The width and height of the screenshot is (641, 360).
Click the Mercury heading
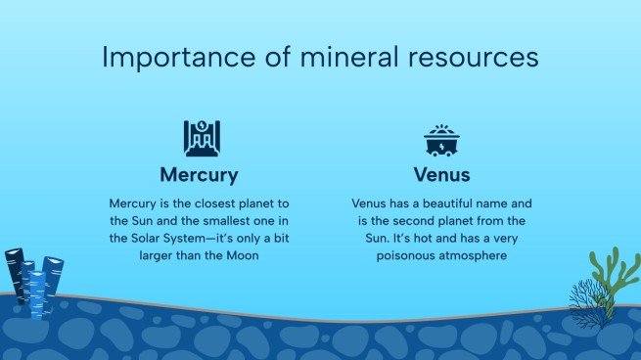click(200, 175)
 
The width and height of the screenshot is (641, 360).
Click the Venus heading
click(440, 175)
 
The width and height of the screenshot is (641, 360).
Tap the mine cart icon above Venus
click(440, 141)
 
